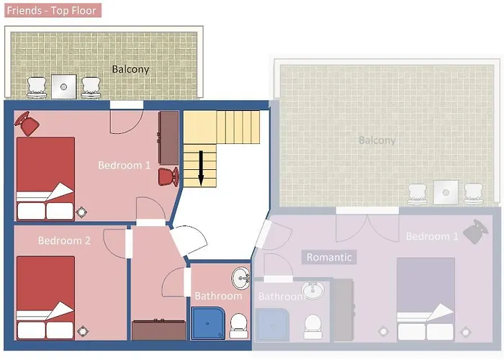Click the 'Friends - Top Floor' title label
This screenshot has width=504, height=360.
53,10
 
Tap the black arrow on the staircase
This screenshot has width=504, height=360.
201,168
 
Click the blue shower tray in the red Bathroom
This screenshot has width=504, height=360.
207,323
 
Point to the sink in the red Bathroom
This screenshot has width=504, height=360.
240,278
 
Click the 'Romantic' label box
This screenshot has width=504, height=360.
329,257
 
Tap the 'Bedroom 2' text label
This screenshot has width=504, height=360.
64,240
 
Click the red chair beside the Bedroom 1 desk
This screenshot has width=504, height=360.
168,176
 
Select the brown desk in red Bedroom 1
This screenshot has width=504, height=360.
168,138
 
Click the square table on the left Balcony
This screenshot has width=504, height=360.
63,87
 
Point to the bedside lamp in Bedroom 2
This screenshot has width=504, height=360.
82,330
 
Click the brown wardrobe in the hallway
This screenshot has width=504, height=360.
159,330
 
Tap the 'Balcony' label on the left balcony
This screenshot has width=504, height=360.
130,69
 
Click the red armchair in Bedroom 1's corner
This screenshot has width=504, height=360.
27,123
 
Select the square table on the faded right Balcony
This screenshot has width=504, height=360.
446,192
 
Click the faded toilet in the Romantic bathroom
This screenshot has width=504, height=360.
312,326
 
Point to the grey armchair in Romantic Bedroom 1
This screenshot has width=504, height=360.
475,231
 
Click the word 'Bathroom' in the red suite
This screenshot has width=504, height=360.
218,296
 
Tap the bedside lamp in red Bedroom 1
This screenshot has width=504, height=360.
81,212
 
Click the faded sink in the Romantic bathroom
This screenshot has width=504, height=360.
312,290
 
